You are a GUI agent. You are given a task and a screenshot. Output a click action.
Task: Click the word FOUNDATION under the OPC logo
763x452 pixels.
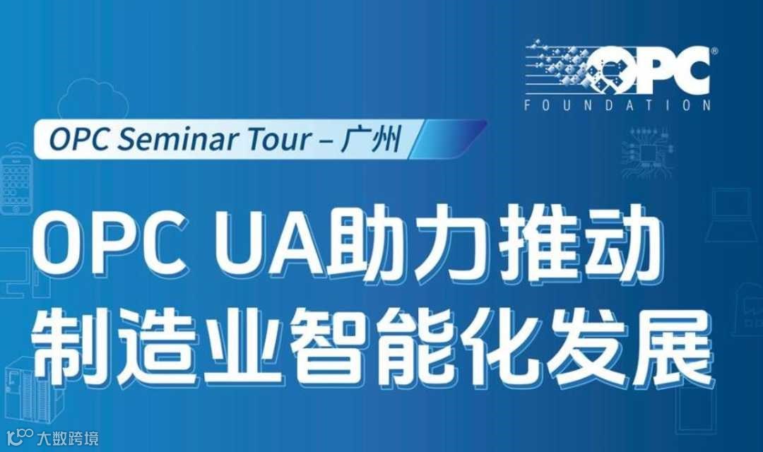[618, 106]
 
